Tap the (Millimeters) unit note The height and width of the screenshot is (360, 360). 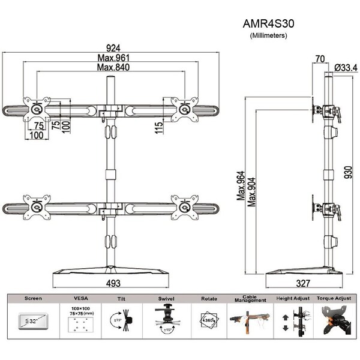point(268,37)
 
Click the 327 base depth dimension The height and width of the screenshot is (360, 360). point(307,282)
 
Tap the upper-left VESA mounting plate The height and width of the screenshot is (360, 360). point(37,109)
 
